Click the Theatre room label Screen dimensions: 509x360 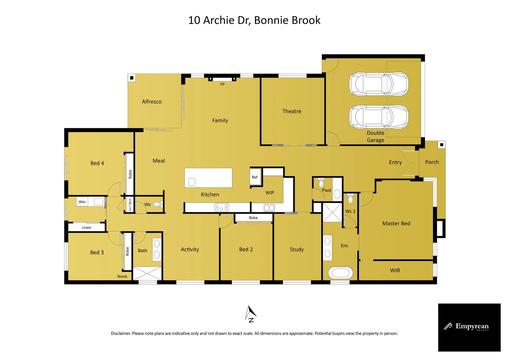(x=291, y=111)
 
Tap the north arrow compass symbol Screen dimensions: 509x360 (x=251, y=314)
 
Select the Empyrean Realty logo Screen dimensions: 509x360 (x=469, y=327)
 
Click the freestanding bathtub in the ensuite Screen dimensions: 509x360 (x=340, y=273)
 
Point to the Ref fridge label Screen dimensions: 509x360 (x=254, y=177)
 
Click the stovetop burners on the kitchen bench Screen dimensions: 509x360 (x=222, y=207)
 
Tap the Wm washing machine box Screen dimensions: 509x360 (x=82, y=202)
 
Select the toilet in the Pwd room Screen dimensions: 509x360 (x=321, y=182)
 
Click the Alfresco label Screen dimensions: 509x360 (x=152, y=102)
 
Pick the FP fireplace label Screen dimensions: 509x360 (x=223, y=84)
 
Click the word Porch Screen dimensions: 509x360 (x=432, y=162)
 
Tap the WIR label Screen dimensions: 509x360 (x=395, y=270)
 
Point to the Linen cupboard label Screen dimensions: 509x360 (x=86, y=227)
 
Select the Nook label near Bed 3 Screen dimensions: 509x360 (x=122, y=276)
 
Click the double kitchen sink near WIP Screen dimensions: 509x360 (x=269, y=208)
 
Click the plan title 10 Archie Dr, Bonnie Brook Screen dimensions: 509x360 (x=254, y=20)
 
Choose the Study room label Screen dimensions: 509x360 (x=296, y=249)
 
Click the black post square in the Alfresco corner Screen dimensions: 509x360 (x=132, y=78)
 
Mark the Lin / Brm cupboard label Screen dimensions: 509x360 (x=130, y=205)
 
